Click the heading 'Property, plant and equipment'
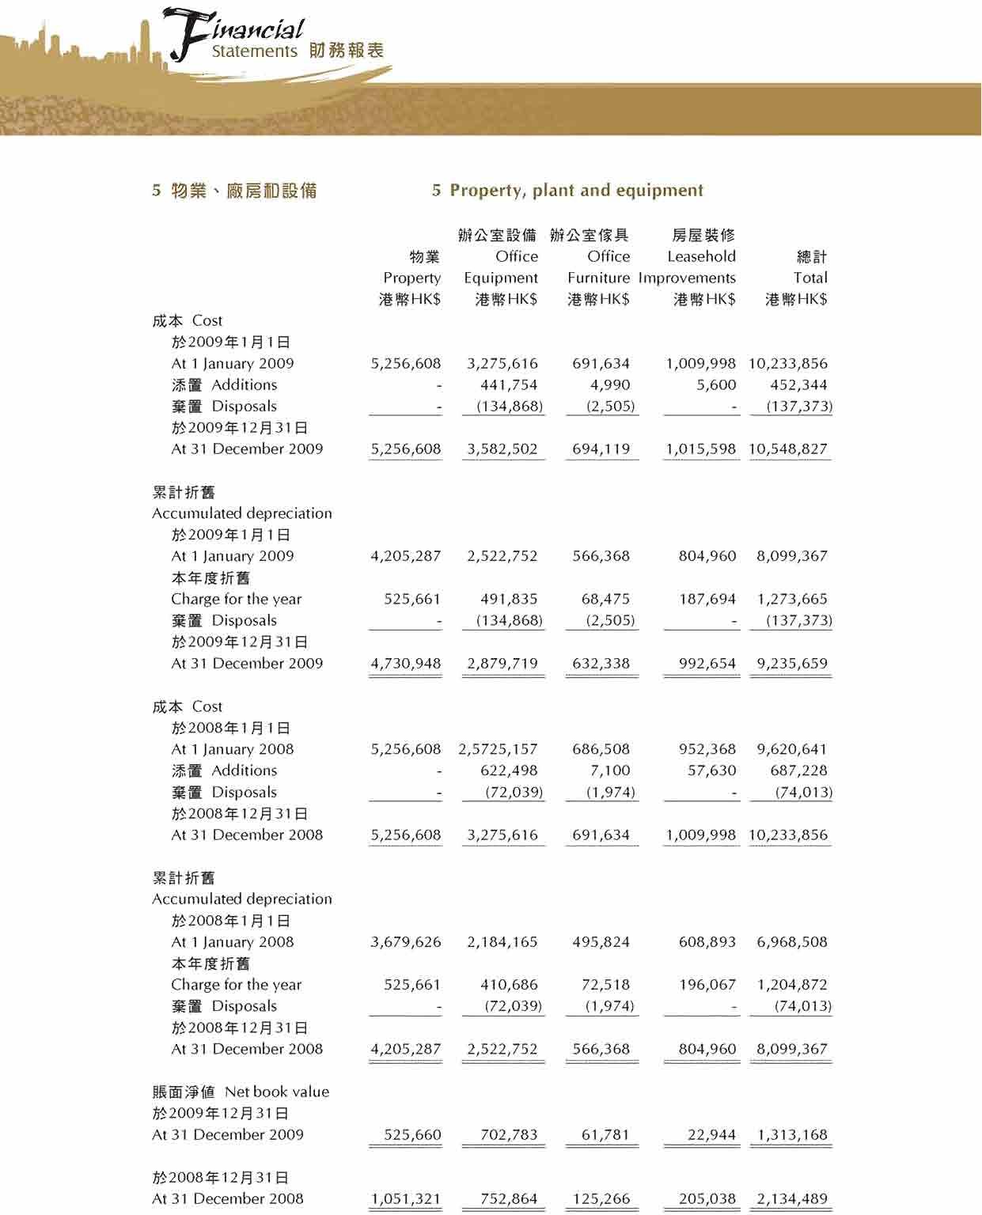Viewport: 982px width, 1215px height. pos(576,191)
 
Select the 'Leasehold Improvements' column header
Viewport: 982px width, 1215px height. pos(688,267)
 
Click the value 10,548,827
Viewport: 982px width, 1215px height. pos(788,449)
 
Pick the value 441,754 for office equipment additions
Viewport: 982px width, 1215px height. pos(509,385)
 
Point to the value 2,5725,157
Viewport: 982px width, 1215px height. pos(498,749)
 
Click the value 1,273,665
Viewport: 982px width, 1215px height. pos(792,600)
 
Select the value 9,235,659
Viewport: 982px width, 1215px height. pos(792,664)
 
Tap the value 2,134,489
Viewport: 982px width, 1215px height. pos(792,1199)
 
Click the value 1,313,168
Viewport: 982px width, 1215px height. pos(792,1135)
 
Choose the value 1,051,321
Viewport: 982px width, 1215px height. pos(406,1199)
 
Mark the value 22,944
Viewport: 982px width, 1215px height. pos(711,1135)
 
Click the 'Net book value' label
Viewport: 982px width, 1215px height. pos(277,1092)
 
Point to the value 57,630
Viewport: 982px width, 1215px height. pos(711,770)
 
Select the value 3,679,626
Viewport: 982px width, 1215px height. pos(406,942)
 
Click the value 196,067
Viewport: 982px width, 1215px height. pos(707,985)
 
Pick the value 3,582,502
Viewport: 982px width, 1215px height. pos(502,449)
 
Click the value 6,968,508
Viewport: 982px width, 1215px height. pos(792,942)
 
